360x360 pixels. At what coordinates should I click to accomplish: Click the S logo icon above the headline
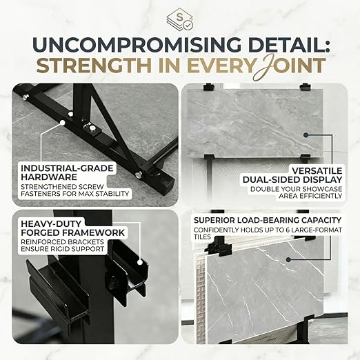pyautogui.click(x=180, y=19)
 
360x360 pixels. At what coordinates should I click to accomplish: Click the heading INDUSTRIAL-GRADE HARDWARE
pyautogui.click(x=67, y=172)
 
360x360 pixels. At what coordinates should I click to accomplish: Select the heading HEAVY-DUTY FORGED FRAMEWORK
pyautogui.click(x=72, y=228)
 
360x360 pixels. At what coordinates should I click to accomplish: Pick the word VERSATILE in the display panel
pyautogui.click(x=317, y=171)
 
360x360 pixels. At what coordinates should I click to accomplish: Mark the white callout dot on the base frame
pyautogui.click(x=62, y=123)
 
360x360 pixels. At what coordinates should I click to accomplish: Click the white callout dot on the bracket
pyautogui.click(x=139, y=262)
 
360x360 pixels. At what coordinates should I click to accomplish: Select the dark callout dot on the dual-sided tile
pyautogui.click(x=306, y=135)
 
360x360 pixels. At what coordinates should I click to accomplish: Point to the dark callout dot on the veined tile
pyautogui.click(x=289, y=260)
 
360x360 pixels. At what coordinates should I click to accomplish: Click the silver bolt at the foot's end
pyautogui.click(x=139, y=174)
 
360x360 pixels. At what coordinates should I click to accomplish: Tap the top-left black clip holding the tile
pyautogui.click(x=209, y=87)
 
